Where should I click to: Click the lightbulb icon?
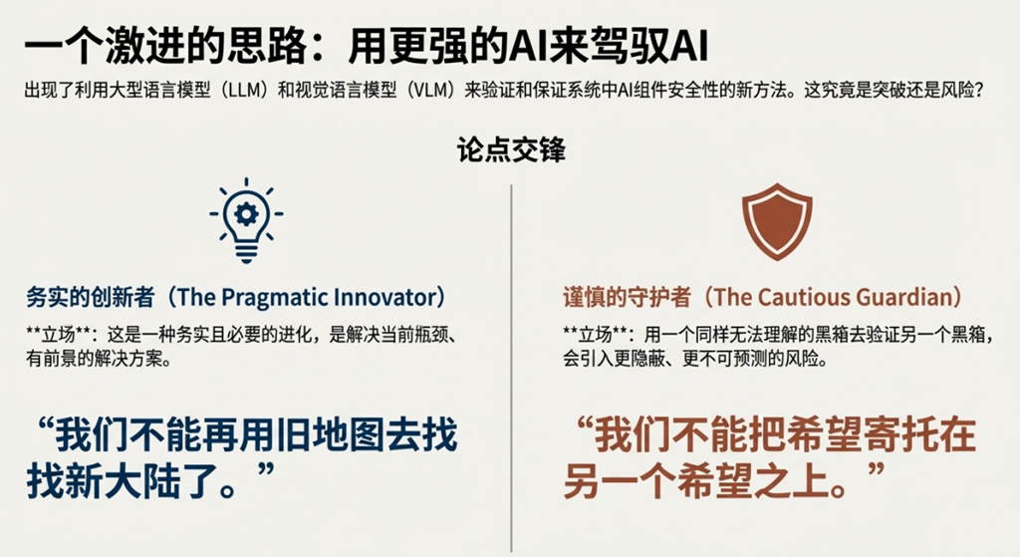pos(246,220)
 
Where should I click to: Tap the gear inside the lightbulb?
pos(246,213)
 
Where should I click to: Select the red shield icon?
pos(777,222)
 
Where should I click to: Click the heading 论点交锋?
pos(511,149)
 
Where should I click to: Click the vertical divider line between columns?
pos(511,369)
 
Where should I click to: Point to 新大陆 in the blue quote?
pos(121,481)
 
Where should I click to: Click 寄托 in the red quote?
pos(899,436)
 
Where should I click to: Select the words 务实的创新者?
pos(91,297)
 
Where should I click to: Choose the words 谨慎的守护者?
pos(628,297)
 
